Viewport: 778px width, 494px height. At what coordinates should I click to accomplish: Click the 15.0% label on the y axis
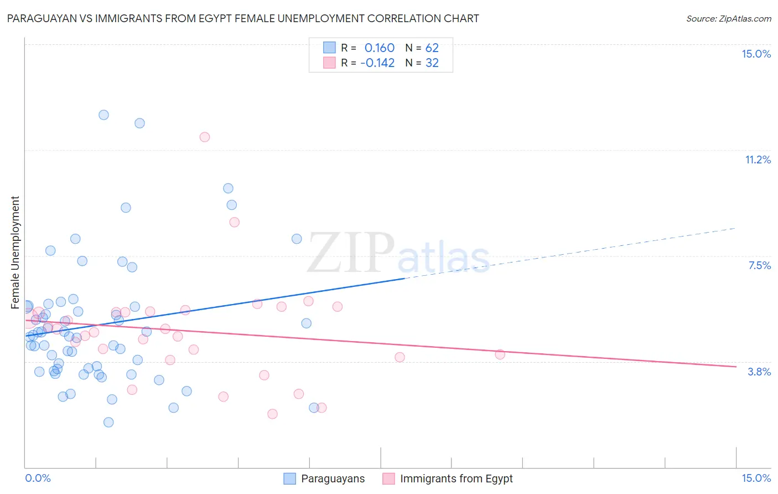756,54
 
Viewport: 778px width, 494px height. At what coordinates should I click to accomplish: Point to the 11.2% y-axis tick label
758,159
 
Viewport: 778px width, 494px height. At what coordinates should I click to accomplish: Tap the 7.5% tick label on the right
759,265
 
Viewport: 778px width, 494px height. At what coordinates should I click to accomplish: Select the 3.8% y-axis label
759,372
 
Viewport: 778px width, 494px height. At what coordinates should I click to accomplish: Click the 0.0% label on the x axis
38,478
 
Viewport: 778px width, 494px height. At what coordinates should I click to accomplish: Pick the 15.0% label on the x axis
756,478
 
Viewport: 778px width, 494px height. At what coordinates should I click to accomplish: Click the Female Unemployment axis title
15,253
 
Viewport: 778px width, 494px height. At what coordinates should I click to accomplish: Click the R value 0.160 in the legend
379,48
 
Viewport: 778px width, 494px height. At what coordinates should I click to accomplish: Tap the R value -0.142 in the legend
377,63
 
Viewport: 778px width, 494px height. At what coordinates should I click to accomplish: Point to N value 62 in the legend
432,48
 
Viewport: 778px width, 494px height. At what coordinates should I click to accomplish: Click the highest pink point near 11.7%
205,137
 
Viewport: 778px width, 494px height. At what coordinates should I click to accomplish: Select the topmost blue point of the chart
103,115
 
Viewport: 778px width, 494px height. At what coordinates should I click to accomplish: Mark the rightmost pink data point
500,354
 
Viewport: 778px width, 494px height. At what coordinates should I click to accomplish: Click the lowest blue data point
108,422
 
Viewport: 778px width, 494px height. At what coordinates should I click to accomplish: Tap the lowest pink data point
272,414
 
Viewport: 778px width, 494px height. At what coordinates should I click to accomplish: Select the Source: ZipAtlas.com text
728,18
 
